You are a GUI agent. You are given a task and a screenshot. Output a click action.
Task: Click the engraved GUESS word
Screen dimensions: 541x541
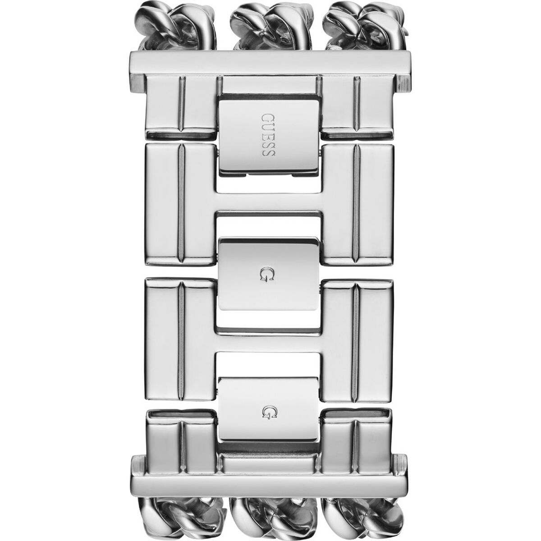(x=268, y=134)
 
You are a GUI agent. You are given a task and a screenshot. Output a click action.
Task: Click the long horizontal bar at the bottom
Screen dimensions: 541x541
(x=269, y=476)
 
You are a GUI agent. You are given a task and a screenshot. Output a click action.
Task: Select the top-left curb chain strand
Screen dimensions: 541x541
(x=178, y=27)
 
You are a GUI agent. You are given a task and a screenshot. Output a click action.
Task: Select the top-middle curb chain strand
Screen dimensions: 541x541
(x=271, y=27)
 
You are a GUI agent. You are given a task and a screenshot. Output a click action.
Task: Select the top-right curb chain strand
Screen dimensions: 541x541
(x=366, y=27)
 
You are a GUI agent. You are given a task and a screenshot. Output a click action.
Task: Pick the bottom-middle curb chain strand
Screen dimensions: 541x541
(x=271, y=515)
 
